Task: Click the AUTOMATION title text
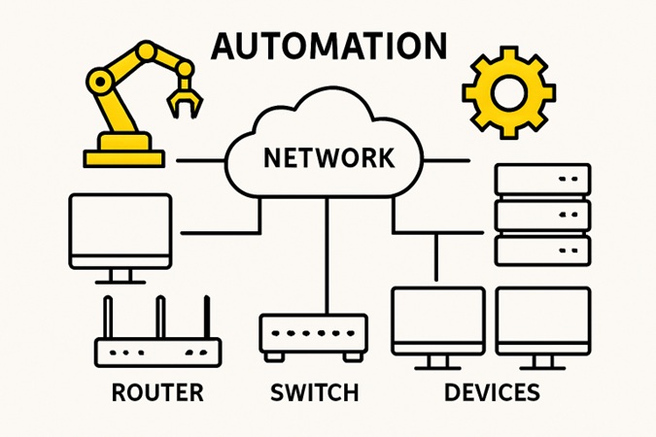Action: click(329, 46)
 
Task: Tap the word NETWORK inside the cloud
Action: click(329, 156)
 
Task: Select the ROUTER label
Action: click(157, 393)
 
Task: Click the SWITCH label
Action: click(314, 393)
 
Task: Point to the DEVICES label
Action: click(492, 393)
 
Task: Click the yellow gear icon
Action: click(507, 91)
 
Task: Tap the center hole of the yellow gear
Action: click(507, 92)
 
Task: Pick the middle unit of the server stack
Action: click(542, 215)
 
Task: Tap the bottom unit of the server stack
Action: click(542, 250)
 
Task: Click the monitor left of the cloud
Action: click(121, 231)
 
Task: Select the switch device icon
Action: click(313, 333)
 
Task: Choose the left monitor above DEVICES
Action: click(437, 320)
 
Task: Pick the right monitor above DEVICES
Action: click(542, 320)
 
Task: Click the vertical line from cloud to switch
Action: click(326, 252)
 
